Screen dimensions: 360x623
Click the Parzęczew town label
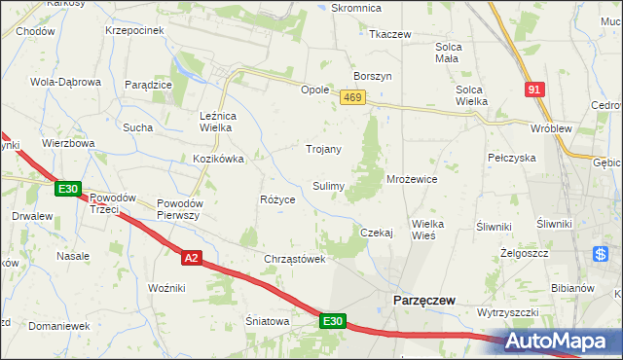coord(423,301)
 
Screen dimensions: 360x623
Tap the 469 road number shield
coord(352,97)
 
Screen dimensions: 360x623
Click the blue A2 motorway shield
coord(192,257)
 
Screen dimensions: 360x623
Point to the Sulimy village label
coord(326,185)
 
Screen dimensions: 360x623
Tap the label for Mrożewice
coord(412,180)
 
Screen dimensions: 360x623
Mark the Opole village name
coord(314,89)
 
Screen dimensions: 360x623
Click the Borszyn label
coord(373,76)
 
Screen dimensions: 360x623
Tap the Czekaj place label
coord(376,233)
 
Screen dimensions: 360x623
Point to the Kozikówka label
coord(218,158)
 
